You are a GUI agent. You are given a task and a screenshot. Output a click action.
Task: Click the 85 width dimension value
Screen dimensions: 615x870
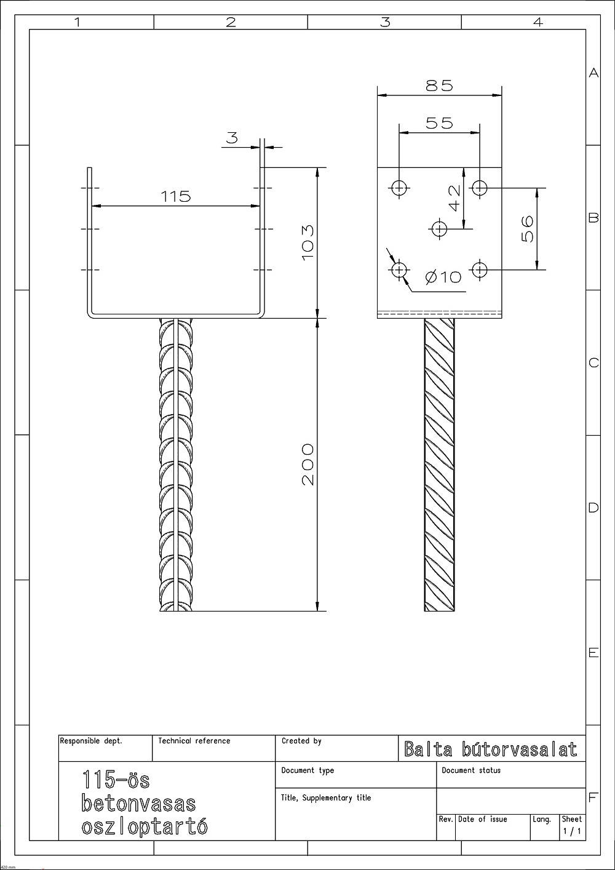439,86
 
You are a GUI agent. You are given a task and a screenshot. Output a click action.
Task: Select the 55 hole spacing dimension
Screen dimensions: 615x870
439,123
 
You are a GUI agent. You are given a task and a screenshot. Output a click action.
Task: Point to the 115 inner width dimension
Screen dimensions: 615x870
176,196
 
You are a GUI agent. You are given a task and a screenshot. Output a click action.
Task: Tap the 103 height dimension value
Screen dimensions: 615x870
307,243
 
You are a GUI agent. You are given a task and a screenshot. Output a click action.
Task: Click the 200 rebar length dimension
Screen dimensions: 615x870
307,465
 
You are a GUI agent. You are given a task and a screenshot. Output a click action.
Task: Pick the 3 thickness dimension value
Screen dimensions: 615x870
232,137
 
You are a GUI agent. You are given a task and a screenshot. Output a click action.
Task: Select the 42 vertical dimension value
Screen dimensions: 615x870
454,198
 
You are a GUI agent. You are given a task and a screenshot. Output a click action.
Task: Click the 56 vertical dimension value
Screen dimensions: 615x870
527,229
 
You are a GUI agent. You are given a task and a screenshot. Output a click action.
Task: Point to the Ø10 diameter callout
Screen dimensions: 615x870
443,277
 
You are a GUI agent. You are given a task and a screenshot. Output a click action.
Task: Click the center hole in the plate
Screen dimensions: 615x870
440,229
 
